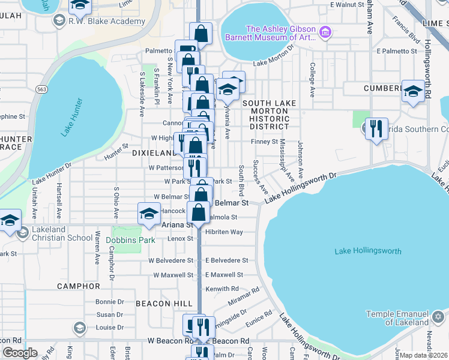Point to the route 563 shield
pyautogui.click(x=41, y=89)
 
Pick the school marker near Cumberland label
pyautogui.click(x=413, y=91)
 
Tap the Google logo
pyautogui.click(x=20, y=353)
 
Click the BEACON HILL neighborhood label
pyautogui.click(x=160, y=304)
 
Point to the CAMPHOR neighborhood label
pyautogui.click(x=77, y=286)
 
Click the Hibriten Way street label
pyautogui.click(x=223, y=232)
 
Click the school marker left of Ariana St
pyautogui.click(x=149, y=213)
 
